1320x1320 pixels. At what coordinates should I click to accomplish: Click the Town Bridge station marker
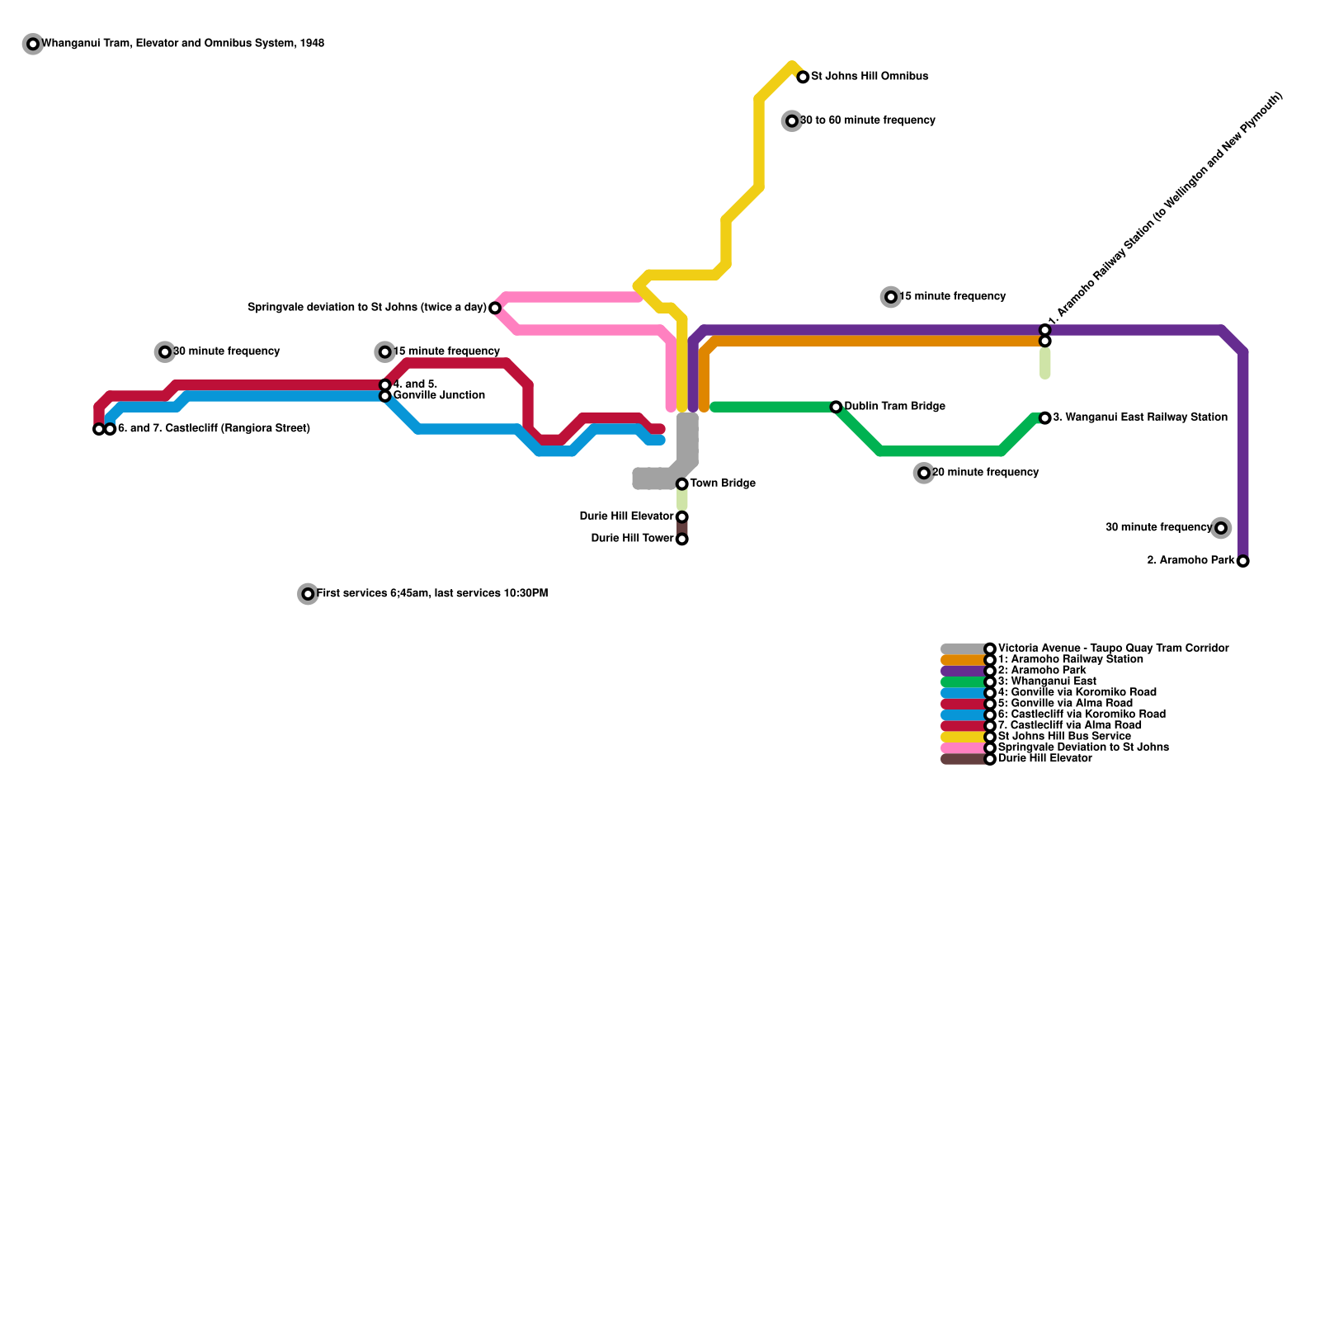coord(682,484)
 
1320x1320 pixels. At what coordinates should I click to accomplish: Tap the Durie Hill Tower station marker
coord(682,540)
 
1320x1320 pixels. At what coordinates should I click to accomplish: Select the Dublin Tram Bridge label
coord(894,407)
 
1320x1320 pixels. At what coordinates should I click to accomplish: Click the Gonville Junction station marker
coord(385,396)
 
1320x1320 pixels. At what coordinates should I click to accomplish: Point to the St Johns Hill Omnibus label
coord(870,77)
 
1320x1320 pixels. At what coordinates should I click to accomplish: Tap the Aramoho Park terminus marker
coord(1243,561)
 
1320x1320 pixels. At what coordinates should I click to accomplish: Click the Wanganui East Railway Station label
coord(1140,417)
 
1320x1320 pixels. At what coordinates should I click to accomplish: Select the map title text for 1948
coord(182,43)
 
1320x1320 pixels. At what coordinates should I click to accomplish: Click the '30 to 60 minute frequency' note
coord(867,120)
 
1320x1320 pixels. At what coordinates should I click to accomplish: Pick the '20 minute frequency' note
coord(985,473)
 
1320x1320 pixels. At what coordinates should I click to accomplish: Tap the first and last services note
coord(431,594)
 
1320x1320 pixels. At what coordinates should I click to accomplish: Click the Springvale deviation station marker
coord(495,309)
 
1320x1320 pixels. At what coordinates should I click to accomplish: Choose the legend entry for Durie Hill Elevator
coord(1044,759)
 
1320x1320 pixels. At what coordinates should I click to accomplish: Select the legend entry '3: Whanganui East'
coord(1047,681)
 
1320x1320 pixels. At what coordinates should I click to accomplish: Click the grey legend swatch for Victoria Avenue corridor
coord(963,649)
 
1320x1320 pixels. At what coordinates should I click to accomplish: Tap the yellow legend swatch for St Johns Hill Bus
coord(963,737)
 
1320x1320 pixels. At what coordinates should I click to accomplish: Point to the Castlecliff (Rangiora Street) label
coord(214,429)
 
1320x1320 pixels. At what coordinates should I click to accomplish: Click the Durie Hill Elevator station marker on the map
coord(682,517)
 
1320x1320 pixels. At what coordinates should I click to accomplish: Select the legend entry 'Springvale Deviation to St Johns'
coord(1083,747)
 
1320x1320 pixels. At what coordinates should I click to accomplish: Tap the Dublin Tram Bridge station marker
coord(837,407)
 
